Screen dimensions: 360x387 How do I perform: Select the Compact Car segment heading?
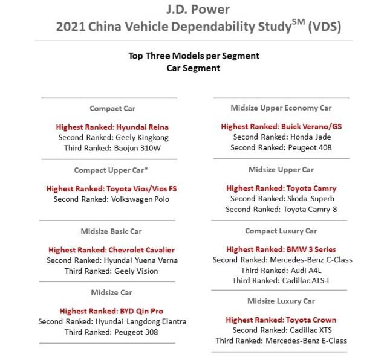point(112,109)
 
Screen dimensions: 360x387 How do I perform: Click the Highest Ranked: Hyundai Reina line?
point(112,127)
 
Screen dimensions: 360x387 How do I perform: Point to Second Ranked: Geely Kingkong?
point(112,137)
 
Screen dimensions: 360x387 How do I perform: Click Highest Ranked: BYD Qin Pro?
point(112,312)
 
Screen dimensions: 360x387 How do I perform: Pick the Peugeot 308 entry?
point(112,332)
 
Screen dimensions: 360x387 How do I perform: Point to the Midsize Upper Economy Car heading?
point(281,108)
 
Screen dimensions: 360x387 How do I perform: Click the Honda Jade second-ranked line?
point(281,137)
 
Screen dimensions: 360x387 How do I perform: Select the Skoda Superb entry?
point(281,199)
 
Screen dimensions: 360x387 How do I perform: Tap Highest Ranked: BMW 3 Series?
point(281,249)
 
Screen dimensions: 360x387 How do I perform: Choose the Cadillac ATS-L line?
point(281,280)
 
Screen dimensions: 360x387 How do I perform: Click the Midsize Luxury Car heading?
point(281,301)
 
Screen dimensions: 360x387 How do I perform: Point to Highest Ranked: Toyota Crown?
point(281,320)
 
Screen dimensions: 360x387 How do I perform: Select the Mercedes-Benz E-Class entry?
point(281,341)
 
